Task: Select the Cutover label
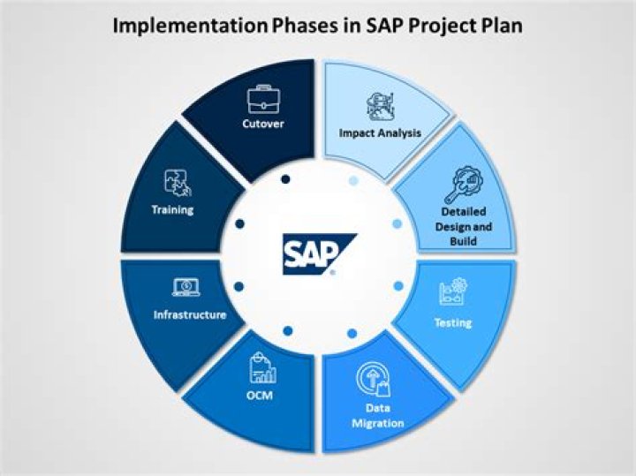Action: click(262, 124)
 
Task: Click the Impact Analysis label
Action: click(380, 133)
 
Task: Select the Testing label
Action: click(452, 322)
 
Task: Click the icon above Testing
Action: click(452, 291)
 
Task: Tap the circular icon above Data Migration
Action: click(374, 378)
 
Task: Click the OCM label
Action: click(260, 395)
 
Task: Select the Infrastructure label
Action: click(190, 314)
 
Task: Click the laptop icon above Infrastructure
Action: click(186, 286)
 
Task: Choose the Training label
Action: click(172, 210)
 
